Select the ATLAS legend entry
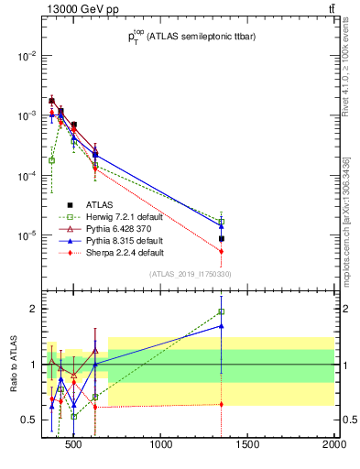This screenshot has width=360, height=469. [x=100, y=204]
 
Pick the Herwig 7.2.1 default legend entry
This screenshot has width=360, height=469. [x=124, y=216]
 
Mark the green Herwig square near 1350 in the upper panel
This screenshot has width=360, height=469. [x=221, y=221]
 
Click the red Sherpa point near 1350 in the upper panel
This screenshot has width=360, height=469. [x=221, y=251]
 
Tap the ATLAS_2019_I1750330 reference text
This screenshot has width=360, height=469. [x=189, y=274]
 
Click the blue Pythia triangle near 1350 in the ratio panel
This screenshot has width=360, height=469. [x=221, y=325]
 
